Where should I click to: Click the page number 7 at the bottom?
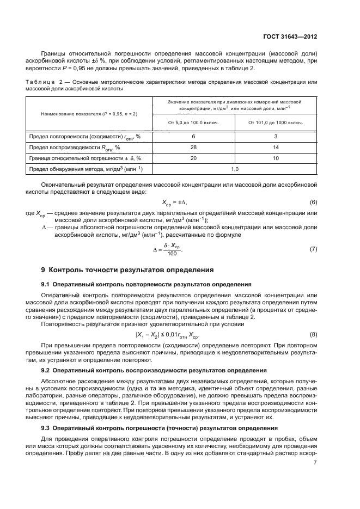[x=315, y=463]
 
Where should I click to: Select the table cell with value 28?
[x=193, y=147]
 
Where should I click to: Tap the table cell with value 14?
[x=276, y=147]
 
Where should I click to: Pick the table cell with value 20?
[x=193, y=158]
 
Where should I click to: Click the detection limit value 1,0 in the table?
[x=235, y=169]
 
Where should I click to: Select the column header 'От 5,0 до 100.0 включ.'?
[x=193, y=122]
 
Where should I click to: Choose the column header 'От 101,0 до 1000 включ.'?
[x=276, y=122]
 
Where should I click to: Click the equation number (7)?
[x=313, y=249]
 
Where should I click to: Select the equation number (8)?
[x=313, y=334]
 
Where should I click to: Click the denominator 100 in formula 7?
[x=173, y=254]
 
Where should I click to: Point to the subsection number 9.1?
[x=46, y=284]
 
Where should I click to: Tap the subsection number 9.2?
[x=46, y=370]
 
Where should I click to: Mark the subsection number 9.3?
[x=46, y=428]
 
